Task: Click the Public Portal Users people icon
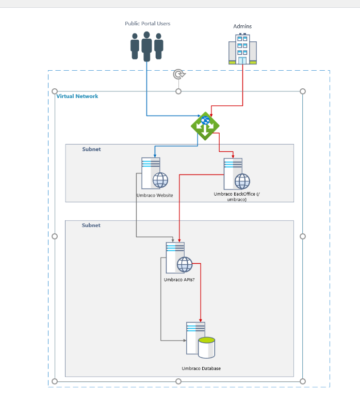(146, 46)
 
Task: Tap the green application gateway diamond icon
(205, 126)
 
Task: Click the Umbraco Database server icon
(200, 340)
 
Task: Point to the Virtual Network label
(77, 97)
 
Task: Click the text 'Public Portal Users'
(148, 24)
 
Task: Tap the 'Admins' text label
(242, 26)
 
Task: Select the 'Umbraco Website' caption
(155, 196)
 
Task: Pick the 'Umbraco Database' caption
(201, 368)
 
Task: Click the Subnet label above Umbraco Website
(91, 150)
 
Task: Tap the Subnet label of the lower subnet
(91, 226)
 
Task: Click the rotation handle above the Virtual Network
(178, 74)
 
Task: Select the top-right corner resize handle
(303, 91)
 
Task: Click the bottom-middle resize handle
(178, 381)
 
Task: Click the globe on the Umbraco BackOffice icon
(242, 181)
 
